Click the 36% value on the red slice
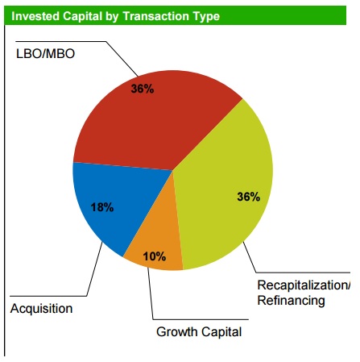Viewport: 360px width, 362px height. [x=143, y=89]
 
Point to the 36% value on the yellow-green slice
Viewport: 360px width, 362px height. [x=248, y=198]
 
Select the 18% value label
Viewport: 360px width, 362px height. [x=102, y=207]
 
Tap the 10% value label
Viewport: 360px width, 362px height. [x=155, y=256]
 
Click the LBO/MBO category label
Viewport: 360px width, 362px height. [x=46, y=54]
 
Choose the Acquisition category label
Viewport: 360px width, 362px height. [x=41, y=309]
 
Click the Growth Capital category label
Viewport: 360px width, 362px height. [x=198, y=331]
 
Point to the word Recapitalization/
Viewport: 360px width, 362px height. [x=303, y=285]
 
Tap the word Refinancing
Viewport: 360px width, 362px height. [x=291, y=301]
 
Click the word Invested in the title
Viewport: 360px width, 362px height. [x=35, y=16]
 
